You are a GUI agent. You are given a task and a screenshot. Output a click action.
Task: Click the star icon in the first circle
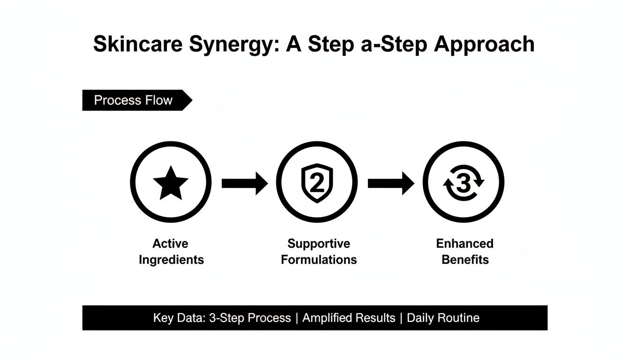tap(170, 182)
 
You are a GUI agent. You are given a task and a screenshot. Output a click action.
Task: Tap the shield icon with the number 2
tap(317, 183)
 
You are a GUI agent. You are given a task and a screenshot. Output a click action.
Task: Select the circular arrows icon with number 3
tap(463, 183)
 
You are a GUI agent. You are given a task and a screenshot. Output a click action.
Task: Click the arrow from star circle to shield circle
tap(244, 183)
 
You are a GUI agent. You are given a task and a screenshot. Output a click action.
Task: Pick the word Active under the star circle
tap(170, 244)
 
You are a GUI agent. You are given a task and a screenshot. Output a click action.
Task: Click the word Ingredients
tap(171, 260)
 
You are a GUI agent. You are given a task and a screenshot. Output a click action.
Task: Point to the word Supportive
tap(319, 244)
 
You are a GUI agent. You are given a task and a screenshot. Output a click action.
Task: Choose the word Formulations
tap(319, 260)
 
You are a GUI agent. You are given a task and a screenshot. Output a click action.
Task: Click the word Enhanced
tap(465, 244)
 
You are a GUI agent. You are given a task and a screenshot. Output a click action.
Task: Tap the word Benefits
tap(465, 260)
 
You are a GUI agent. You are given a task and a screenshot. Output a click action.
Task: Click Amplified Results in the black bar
tap(349, 318)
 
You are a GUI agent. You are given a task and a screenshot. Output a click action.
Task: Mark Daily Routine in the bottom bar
tap(443, 318)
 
